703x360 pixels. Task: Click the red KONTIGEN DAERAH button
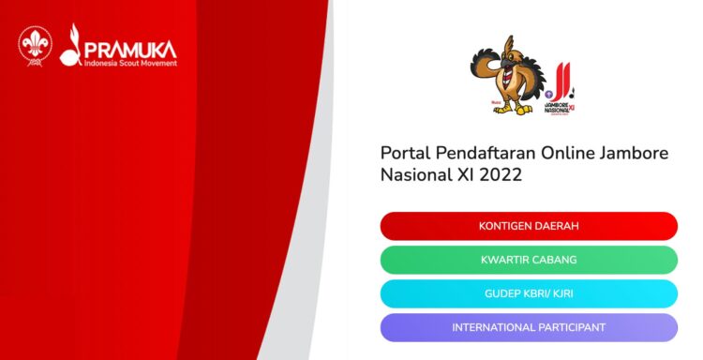[529, 226]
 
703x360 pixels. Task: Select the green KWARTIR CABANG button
[529, 260]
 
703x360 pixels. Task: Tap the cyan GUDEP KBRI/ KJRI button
[529, 293]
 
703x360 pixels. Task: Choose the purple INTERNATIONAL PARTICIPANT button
[529, 327]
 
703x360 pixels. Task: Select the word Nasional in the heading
[418, 175]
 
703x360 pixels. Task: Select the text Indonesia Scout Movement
[129, 63]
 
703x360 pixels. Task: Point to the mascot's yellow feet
[507, 108]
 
